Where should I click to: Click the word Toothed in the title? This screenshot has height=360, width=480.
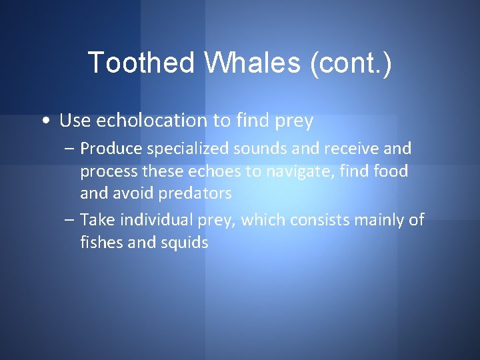click(x=140, y=63)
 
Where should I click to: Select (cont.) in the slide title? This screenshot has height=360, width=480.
click(x=350, y=63)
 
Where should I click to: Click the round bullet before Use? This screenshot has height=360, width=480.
click(x=43, y=121)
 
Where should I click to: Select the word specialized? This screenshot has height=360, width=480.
click(x=185, y=148)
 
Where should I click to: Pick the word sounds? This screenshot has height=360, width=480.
click(x=260, y=148)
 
